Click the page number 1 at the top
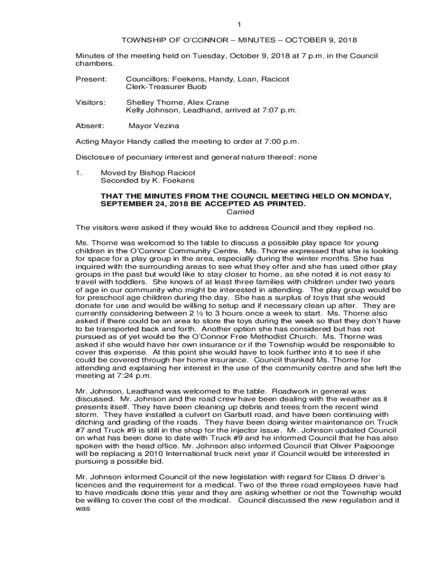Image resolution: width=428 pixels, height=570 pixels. point(239,24)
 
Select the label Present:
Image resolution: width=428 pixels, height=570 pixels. point(91,79)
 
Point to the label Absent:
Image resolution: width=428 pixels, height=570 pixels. point(89,126)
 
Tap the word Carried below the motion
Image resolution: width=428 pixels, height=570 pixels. point(241,212)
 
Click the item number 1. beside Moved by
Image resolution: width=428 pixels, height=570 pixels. point(79,173)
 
